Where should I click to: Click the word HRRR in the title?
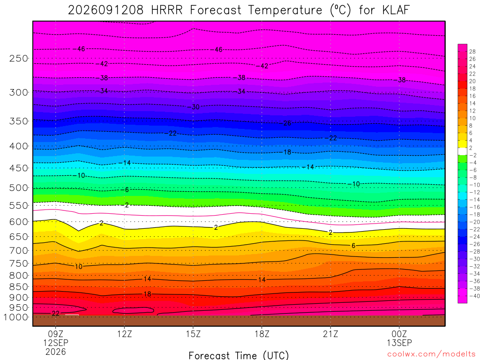tap(167, 10)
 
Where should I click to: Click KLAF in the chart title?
tap(396, 10)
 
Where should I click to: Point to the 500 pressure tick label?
tap(19, 187)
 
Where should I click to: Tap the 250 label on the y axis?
tap(19, 58)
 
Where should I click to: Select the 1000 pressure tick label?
tap(16, 317)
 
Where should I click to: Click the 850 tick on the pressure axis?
tap(19, 287)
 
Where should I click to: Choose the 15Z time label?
tap(193, 334)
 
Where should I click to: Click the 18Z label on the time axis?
tap(262, 334)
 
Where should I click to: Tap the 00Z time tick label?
tap(399, 334)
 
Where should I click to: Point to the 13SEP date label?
tap(399, 343)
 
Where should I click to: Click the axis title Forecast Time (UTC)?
tap(239, 355)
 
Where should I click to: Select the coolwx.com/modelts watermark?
tap(431, 354)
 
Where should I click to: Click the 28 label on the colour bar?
tap(472, 52)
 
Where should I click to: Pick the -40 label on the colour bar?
tap(474, 296)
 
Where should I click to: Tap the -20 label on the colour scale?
tap(474, 222)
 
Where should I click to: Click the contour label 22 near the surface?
tap(55, 314)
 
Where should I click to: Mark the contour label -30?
tap(194, 107)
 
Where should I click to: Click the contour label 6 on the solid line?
tap(353, 246)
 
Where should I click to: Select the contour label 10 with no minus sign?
tap(79, 267)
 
